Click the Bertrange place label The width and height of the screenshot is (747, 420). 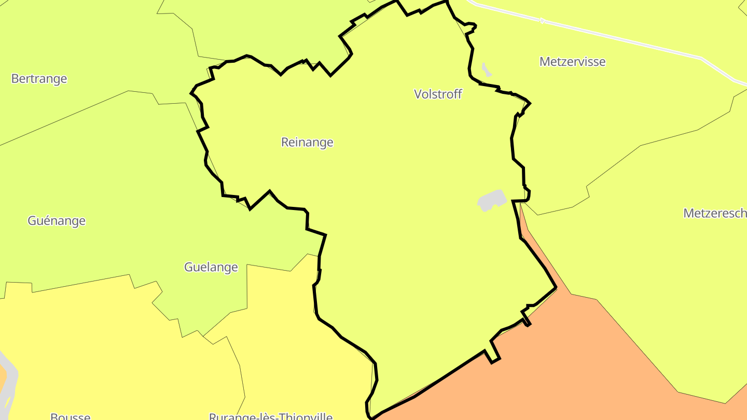tap(39, 79)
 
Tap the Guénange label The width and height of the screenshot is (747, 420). tap(57, 221)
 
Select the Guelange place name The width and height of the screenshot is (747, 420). tap(211, 268)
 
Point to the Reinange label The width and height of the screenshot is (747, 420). tap(307, 142)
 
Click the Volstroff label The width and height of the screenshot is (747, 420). tap(438, 94)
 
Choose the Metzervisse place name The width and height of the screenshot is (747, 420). tap(572, 62)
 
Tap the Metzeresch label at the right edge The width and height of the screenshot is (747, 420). tap(715, 213)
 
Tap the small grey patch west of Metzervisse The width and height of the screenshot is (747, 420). tap(486, 69)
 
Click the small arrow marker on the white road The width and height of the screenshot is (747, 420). tap(543, 21)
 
